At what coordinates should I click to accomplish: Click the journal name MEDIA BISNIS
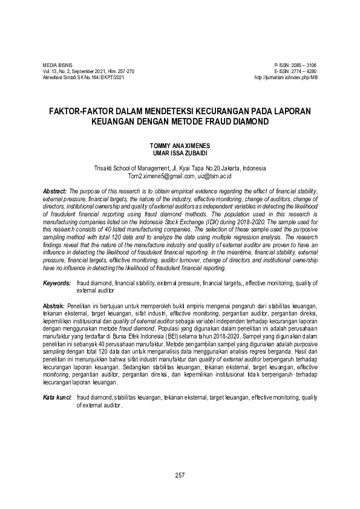click(x=55, y=65)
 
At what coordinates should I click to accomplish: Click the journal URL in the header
click(x=286, y=78)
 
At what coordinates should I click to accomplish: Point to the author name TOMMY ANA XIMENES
click(x=180, y=147)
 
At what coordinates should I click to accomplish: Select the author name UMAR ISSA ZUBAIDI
click(x=180, y=154)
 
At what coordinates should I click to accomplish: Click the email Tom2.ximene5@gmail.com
click(x=161, y=176)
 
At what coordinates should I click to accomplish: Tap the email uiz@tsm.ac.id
click(x=214, y=176)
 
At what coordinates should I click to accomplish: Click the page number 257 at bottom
click(x=180, y=475)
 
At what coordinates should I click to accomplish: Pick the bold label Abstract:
click(x=55, y=190)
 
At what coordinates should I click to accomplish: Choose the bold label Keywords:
click(x=56, y=283)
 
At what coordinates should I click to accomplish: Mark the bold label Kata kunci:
click(x=57, y=397)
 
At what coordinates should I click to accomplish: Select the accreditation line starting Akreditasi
click(x=83, y=78)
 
